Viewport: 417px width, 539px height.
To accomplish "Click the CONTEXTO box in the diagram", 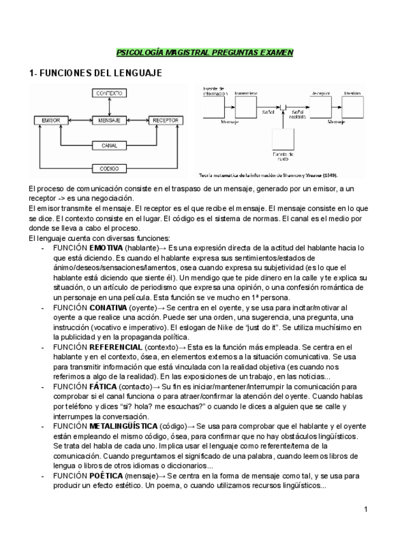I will [110, 93].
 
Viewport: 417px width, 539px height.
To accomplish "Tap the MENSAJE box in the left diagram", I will [110, 119].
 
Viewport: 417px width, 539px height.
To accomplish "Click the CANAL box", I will [110, 146].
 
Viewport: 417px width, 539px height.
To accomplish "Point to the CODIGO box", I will [110, 168].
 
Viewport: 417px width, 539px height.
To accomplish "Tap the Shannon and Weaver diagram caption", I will [269, 175].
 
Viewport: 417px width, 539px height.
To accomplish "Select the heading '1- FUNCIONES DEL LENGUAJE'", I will [95, 74].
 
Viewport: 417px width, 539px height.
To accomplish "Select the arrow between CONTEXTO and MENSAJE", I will [110, 106].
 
